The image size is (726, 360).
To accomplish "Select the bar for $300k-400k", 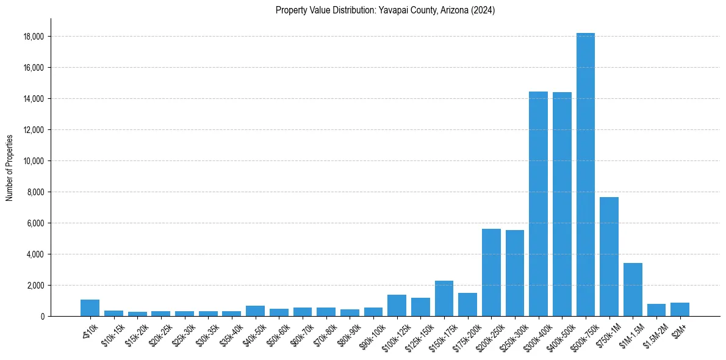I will [x=538, y=204].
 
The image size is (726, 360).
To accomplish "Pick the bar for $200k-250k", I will [x=491, y=272].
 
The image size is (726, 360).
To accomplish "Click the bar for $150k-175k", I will [x=444, y=298].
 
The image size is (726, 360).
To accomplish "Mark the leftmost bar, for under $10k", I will [x=90, y=308].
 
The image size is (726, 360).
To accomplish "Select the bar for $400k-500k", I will [x=562, y=204].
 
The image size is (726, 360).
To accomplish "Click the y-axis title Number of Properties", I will [x=10, y=167].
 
